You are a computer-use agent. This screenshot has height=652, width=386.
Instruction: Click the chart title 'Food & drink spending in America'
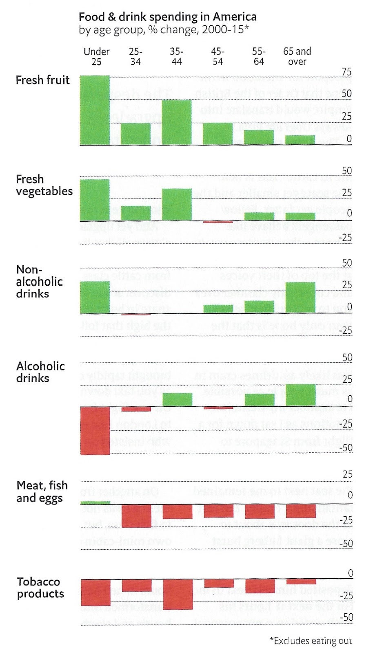167,17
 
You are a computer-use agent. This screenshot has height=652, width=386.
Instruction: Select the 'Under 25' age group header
96,57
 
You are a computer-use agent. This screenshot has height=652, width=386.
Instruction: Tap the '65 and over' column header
297,57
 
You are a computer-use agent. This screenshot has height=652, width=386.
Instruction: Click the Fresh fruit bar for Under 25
95,110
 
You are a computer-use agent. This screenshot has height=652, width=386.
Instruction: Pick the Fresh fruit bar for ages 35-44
177,122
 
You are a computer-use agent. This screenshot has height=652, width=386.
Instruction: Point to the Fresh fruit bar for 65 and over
300,140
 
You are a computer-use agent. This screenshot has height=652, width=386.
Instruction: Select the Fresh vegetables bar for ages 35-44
177,204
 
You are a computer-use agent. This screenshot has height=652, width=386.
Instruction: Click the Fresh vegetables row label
44,185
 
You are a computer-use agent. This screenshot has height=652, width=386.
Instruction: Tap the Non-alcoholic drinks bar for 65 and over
300,297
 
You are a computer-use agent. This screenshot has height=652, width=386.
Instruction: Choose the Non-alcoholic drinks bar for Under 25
95,297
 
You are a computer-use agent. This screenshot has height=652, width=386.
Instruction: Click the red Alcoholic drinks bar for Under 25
95,431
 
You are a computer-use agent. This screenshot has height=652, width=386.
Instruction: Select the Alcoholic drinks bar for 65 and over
300,395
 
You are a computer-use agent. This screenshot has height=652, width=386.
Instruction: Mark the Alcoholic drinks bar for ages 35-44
177,399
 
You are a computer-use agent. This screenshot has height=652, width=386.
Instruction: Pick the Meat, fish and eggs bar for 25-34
136,515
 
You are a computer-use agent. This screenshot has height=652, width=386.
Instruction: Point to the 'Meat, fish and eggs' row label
42,491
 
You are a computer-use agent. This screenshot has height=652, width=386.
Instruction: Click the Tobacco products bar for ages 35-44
177,594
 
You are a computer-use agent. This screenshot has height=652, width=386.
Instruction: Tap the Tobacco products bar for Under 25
95,592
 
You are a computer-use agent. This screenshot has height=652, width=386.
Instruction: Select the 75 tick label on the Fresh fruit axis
346,72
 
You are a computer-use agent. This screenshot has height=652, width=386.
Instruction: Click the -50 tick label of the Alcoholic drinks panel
346,447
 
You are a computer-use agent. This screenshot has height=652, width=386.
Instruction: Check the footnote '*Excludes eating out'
311,641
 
